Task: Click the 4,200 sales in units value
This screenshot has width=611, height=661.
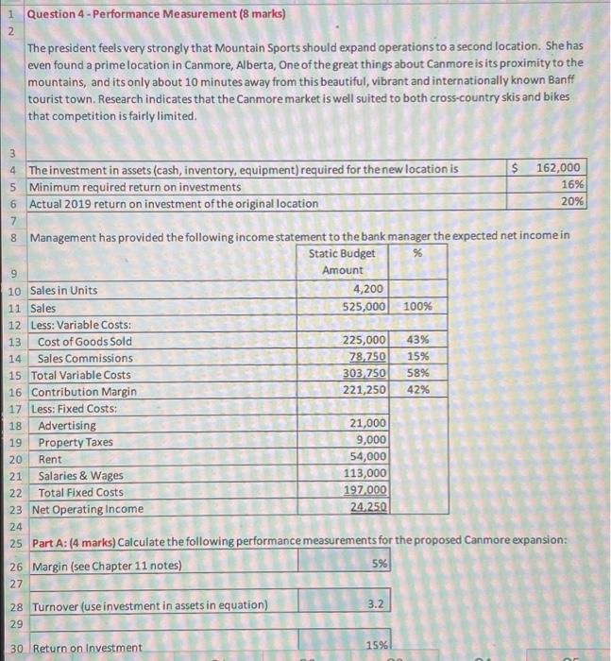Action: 367,290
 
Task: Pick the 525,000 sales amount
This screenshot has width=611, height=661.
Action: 363,307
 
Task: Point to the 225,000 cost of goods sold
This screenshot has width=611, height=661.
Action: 363,341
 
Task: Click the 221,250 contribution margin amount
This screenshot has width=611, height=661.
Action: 363,390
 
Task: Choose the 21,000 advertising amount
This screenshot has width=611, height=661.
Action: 367,424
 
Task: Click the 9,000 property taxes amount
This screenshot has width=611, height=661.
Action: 370,440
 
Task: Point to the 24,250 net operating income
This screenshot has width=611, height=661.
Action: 367,508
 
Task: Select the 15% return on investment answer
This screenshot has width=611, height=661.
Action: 375,647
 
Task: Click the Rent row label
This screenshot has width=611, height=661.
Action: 52,458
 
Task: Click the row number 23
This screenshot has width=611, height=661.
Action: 14,509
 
